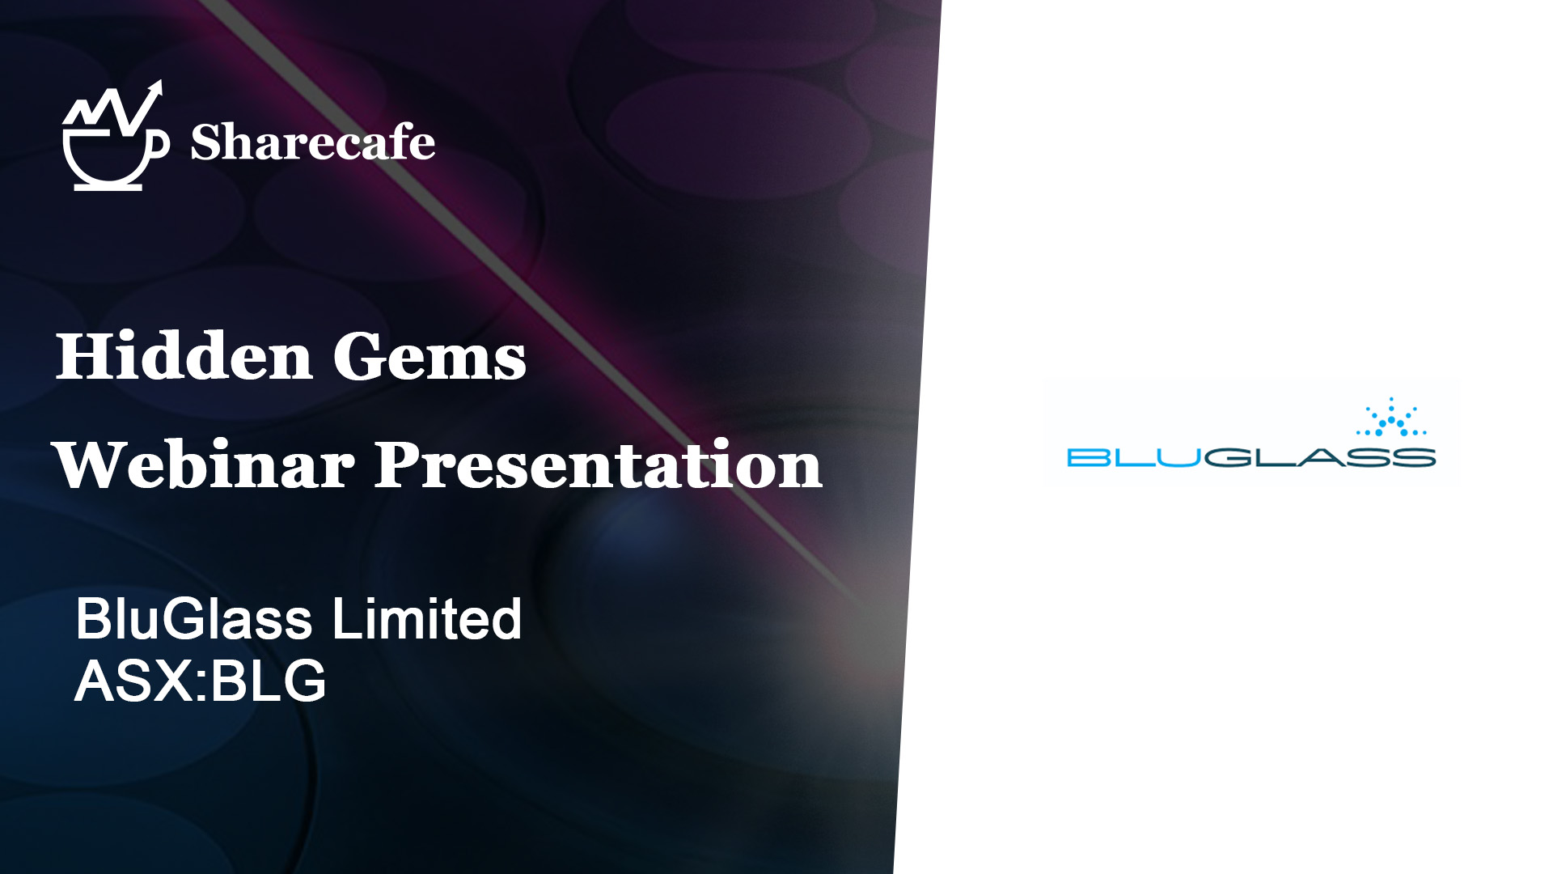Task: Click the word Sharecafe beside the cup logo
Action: pos(313,142)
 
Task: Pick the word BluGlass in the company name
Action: pos(193,619)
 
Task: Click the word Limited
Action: pos(427,619)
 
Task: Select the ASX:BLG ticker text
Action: pos(201,681)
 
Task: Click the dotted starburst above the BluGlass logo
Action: pos(1391,418)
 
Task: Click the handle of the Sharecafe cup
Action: pos(162,144)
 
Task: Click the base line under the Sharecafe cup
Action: pos(108,187)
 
